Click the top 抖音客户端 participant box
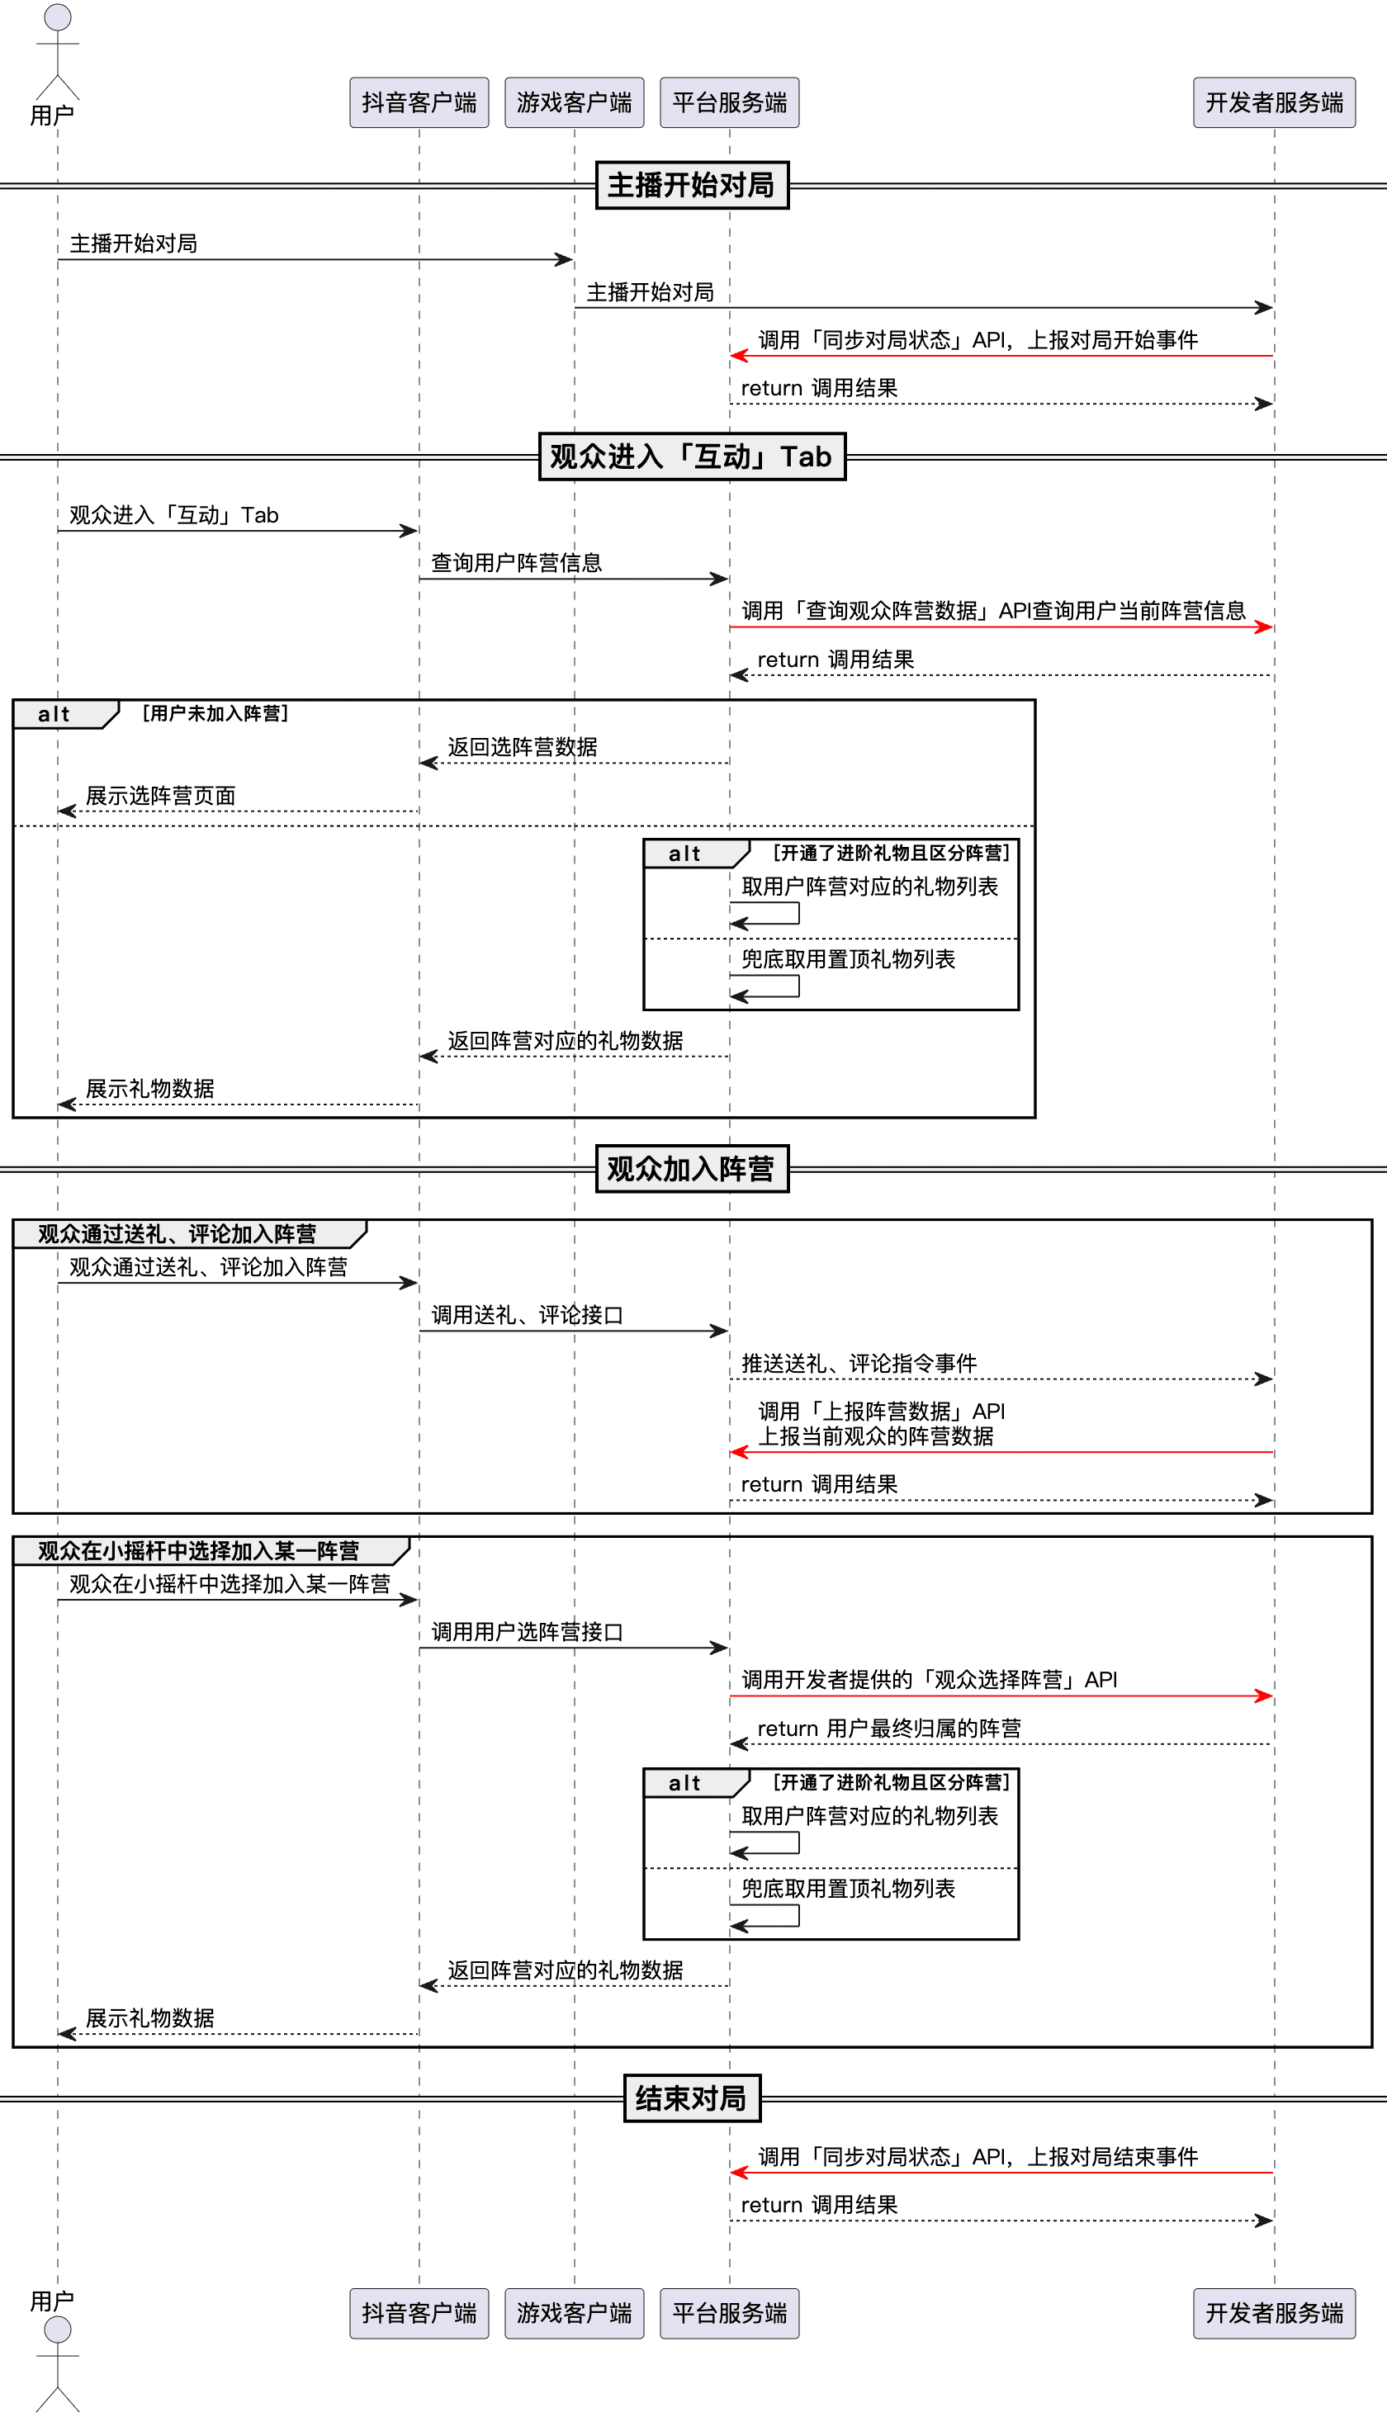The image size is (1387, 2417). [x=419, y=102]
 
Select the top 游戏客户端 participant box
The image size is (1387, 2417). [x=575, y=102]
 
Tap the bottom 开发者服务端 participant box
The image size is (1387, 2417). [x=1275, y=2313]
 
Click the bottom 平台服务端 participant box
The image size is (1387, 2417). [x=730, y=2313]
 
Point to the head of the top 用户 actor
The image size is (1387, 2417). [x=58, y=17]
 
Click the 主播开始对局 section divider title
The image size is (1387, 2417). [x=692, y=185]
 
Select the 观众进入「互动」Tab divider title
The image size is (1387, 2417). [x=692, y=456]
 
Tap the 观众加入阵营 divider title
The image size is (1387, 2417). [x=692, y=1169]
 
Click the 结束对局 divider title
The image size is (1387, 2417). [x=692, y=2098]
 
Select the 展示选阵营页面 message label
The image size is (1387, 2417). [x=161, y=796]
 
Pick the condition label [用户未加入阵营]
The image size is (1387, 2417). [x=215, y=713]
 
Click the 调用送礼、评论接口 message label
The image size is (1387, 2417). [x=527, y=1315]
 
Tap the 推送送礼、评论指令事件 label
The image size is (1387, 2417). [x=859, y=1364]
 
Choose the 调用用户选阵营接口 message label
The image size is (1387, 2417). [x=527, y=1632]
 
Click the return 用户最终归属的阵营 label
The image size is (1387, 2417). [x=889, y=1729]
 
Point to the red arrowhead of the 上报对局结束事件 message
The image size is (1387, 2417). [x=739, y=2173]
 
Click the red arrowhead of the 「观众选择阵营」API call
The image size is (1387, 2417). [x=1264, y=1696]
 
